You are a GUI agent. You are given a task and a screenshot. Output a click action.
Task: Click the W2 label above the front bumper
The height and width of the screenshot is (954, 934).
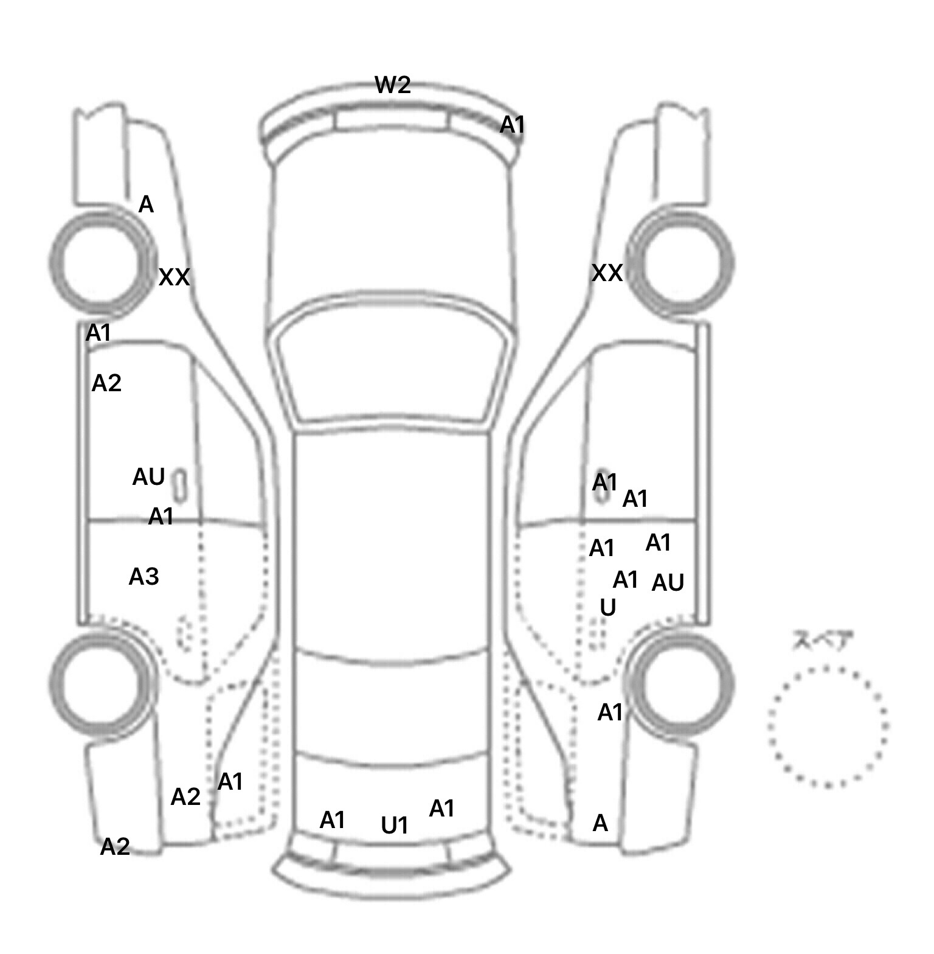pyautogui.click(x=393, y=85)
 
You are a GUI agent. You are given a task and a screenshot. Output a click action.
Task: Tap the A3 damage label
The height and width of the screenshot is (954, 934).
pyautogui.click(x=144, y=576)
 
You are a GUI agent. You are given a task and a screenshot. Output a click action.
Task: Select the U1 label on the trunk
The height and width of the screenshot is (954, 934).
pyautogui.click(x=395, y=826)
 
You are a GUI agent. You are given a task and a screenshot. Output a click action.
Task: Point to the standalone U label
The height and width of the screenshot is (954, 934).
pyautogui.click(x=608, y=607)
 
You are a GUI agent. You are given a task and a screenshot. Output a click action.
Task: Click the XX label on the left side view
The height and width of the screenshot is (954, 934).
pyautogui.click(x=175, y=277)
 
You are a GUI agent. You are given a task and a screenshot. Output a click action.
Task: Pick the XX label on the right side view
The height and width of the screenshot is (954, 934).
pyautogui.click(x=607, y=273)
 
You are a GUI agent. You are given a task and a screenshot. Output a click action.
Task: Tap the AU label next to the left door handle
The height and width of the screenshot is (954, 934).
pyautogui.click(x=148, y=477)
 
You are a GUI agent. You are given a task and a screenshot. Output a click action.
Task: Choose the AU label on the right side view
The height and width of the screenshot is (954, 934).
pyautogui.click(x=668, y=583)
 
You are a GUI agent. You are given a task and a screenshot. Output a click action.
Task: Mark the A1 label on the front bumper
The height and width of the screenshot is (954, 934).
pyautogui.click(x=512, y=125)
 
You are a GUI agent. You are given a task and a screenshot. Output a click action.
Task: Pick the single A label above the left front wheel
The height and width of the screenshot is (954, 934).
pyautogui.click(x=146, y=205)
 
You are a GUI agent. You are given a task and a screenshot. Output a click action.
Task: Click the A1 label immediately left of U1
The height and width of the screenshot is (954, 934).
pyautogui.click(x=333, y=820)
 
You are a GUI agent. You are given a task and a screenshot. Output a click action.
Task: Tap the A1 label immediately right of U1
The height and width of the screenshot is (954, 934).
pyautogui.click(x=442, y=809)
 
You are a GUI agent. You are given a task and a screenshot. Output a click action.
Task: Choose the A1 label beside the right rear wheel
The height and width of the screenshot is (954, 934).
pyautogui.click(x=611, y=712)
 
